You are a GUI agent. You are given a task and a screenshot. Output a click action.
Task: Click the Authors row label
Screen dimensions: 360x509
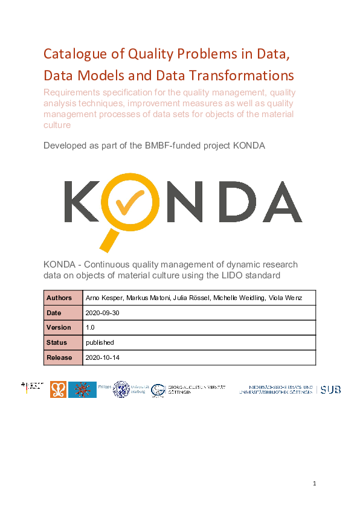point(59,298)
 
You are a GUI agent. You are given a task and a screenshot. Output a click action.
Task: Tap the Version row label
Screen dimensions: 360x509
point(59,327)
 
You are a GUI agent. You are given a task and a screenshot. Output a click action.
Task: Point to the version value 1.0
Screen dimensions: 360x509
point(91,327)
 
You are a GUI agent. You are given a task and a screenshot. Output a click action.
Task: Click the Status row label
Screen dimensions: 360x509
point(57,342)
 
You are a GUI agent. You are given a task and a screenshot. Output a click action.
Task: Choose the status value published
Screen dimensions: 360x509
point(100,342)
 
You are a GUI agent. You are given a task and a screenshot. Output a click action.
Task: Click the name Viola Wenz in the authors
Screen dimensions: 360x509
point(285,298)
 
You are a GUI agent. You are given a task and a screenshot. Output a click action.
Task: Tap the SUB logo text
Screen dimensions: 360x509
point(330,390)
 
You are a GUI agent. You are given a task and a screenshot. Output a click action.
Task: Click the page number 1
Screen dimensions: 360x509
point(315,484)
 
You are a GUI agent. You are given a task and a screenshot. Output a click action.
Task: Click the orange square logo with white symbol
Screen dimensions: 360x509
point(58,389)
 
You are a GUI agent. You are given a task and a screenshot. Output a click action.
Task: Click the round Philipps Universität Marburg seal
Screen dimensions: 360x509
point(121,389)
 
